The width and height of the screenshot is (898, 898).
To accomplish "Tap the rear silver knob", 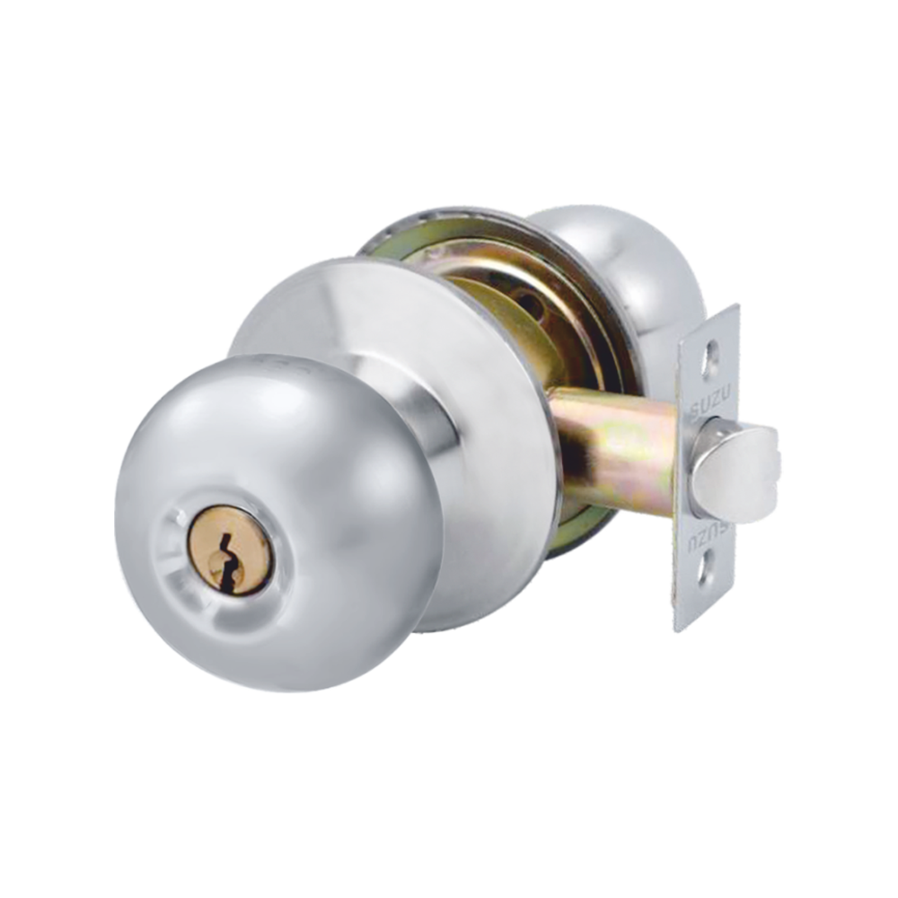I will tap(629, 269).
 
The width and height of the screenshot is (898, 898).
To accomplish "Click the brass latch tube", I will tap(620, 449).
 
